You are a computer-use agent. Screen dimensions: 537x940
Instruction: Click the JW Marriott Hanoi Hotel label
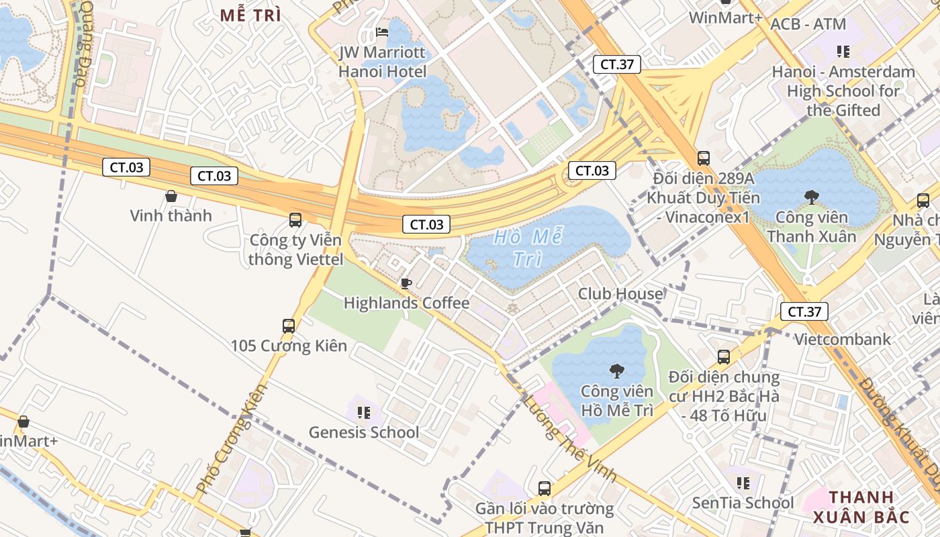[382, 62]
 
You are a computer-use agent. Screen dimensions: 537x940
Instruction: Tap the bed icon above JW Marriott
[382, 32]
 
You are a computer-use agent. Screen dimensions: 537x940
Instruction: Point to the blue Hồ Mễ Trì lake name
[528, 248]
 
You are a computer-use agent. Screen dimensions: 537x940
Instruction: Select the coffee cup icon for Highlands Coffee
[406, 283]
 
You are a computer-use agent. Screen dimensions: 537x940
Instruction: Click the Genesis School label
[364, 432]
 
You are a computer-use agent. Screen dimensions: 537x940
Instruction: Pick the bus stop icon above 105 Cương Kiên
[289, 326]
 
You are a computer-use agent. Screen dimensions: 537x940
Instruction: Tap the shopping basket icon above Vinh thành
[171, 196]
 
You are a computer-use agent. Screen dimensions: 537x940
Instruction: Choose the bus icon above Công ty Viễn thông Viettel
[295, 219]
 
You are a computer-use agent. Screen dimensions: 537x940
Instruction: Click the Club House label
[620, 294]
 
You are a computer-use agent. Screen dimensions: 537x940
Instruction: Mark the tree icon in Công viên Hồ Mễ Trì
[616, 371]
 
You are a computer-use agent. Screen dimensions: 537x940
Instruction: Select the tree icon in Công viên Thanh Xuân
[811, 197]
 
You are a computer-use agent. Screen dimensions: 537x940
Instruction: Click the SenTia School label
[743, 503]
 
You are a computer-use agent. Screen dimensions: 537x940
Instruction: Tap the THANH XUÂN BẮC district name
[861, 507]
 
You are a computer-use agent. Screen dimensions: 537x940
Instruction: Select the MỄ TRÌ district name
[250, 15]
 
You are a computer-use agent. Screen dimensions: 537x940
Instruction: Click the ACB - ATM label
[808, 24]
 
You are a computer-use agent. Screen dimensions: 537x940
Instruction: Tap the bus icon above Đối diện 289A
[703, 158]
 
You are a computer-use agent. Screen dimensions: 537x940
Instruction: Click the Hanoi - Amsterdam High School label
[843, 91]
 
